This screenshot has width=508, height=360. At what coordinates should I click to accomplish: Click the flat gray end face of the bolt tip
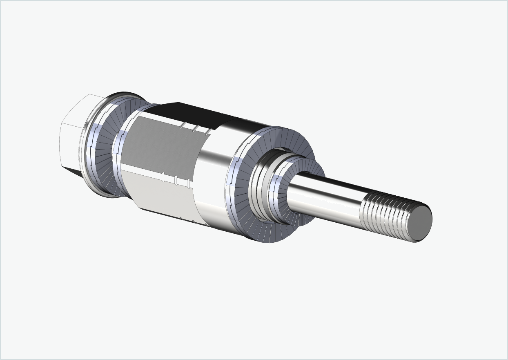tap(421, 224)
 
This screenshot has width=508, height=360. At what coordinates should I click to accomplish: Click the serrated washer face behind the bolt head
tap(104, 163)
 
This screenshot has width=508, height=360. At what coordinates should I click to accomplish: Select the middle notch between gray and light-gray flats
tap(176, 180)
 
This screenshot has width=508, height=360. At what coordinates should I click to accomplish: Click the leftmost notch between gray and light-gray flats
tap(163, 177)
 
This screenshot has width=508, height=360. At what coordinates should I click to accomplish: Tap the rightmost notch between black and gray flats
tap(207, 131)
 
